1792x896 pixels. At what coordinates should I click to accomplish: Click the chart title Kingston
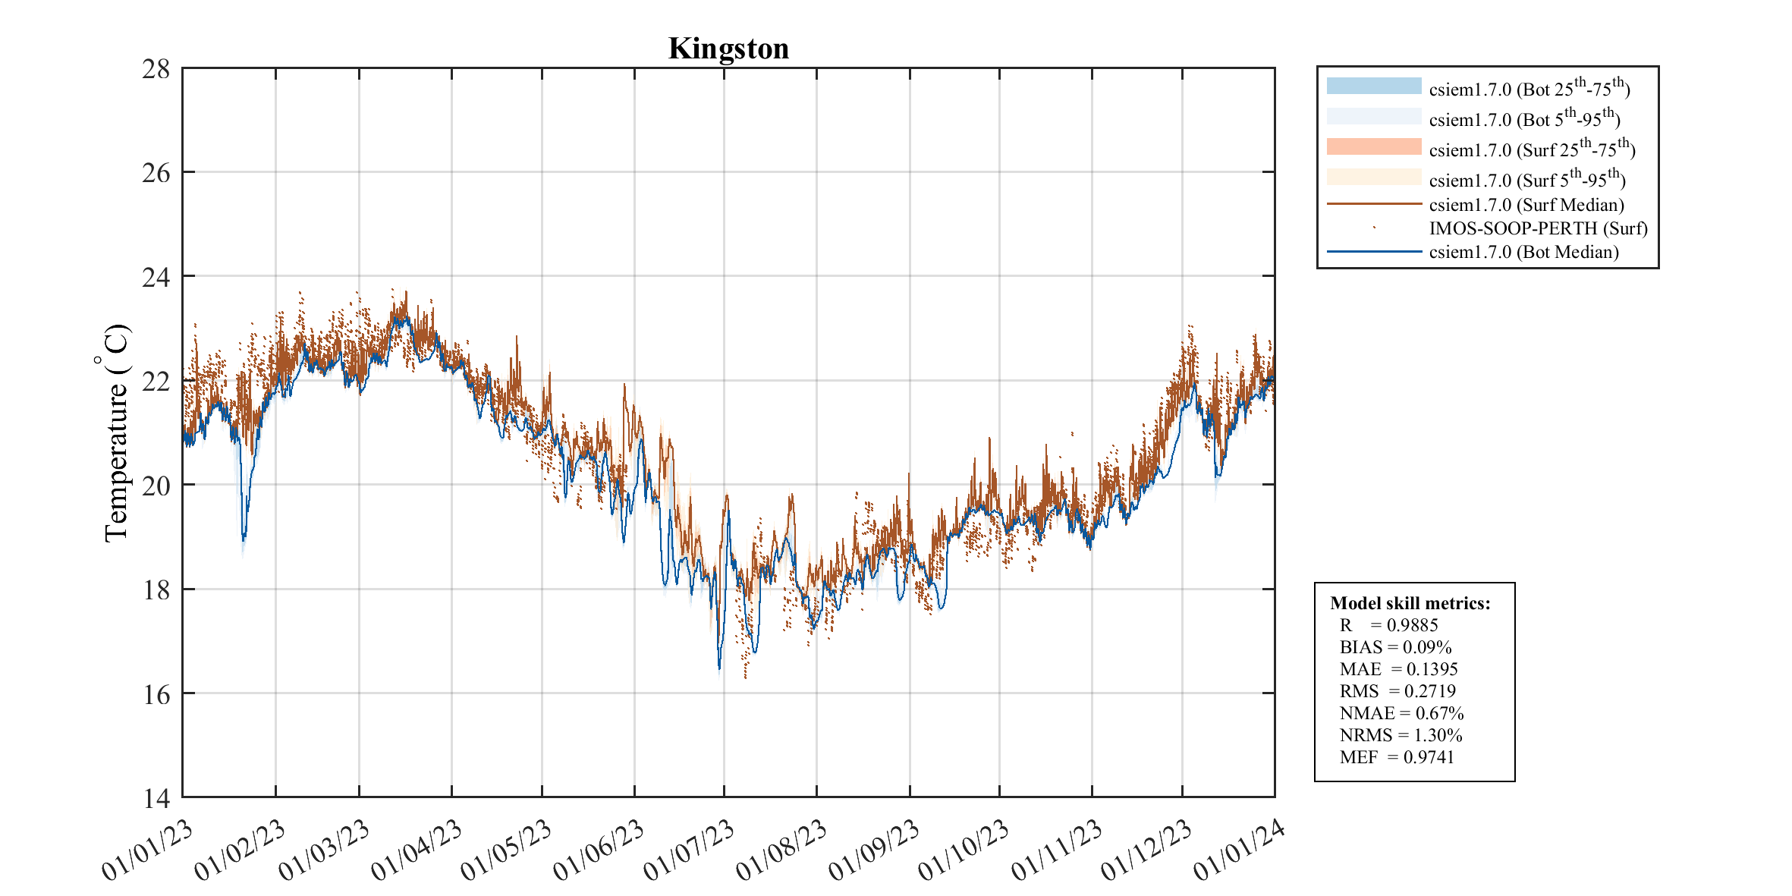pyautogui.click(x=728, y=49)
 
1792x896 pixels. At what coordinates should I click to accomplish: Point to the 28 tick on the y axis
pyautogui.click(x=156, y=69)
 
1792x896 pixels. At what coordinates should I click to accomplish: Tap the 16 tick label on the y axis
pyautogui.click(x=156, y=694)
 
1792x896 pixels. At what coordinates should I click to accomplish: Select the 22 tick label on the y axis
pyautogui.click(x=156, y=382)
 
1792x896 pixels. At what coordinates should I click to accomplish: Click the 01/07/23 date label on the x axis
pyautogui.click(x=690, y=850)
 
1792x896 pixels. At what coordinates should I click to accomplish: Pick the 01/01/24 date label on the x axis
pyautogui.click(x=1240, y=850)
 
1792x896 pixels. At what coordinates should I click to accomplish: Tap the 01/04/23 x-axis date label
pyautogui.click(x=417, y=850)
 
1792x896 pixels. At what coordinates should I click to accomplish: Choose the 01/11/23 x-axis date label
pyautogui.click(x=1057, y=850)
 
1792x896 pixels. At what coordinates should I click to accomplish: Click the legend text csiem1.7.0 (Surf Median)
pyautogui.click(x=1526, y=205)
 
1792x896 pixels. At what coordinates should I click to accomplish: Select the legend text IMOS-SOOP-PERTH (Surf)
pyautogui.click(x=1539, y=228)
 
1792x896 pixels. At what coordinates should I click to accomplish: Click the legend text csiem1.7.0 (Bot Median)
pyautogui.click(x=1523, y=252)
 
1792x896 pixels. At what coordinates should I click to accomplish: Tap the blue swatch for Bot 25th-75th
pyautogui.click(x=1374, y=86)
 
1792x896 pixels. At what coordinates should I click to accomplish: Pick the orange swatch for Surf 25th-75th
pyautogui.click(x=1374, y=146)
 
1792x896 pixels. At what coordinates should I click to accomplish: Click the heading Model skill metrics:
pyautogui.click(x=1410, y=603)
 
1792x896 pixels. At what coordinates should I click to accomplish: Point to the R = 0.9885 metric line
pyautogui.click(x=1388, y=625)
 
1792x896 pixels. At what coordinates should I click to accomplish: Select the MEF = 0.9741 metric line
pyautogui.click(x=1397, y=757)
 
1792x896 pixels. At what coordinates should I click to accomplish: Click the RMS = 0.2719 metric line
pyautogui.click(x=1397, y=691)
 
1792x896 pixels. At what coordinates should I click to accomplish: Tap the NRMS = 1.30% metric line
pyautogui.click(x=1401, y=735)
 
